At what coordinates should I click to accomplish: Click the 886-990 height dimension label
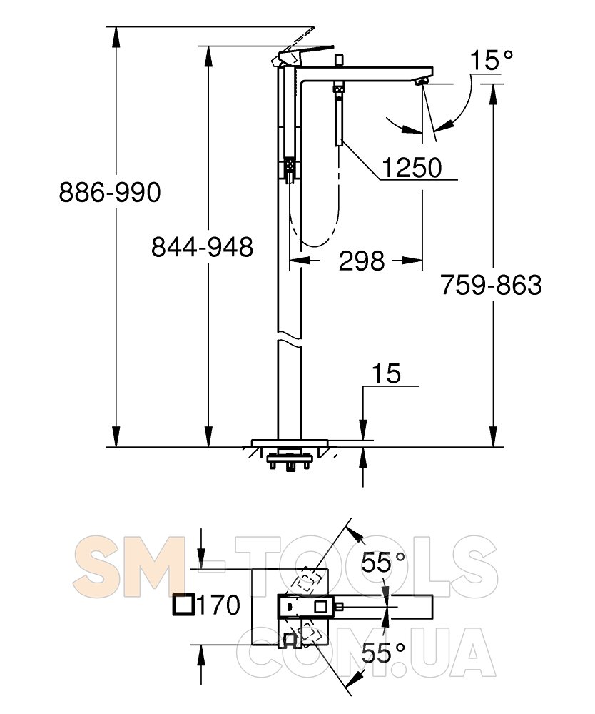pos(110,192)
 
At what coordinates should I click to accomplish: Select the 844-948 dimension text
pos(202,248)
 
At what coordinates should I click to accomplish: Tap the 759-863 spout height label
pos(491,286)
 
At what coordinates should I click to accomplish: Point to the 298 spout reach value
pos(362,261)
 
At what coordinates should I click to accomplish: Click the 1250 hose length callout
pos(411,167)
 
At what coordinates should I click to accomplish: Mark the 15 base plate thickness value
pos(386,373)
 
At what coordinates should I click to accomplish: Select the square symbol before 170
pos(184,605)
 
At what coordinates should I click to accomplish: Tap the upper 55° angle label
pos(382,563)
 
